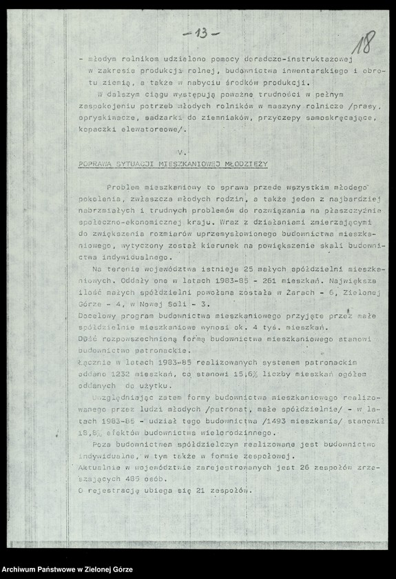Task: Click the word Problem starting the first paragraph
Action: pos(124,187)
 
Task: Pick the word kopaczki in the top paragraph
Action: pos(96,129)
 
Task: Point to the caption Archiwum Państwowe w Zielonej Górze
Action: pos(67,570)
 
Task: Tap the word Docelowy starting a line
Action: pos(97,316)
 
